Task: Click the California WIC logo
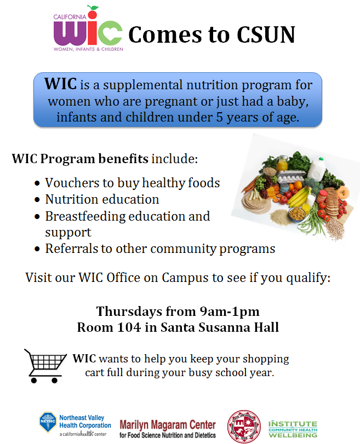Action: coord(88,28)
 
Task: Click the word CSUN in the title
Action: coord(266,35)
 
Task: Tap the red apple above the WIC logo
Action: coord(93,13)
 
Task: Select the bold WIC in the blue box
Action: coord(60,84)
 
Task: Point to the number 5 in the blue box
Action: coord(220,117)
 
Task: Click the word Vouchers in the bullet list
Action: coord(79,183)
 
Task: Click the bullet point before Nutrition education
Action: coord(37,200)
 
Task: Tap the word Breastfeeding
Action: coord(85,216)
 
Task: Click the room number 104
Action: coord(129,327)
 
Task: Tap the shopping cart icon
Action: coord(45,366)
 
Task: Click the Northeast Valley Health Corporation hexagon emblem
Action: coord(48,422)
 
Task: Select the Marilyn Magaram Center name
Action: coord(168,425)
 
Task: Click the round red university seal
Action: coord(244,426)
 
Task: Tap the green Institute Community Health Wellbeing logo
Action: coord(293,429)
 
